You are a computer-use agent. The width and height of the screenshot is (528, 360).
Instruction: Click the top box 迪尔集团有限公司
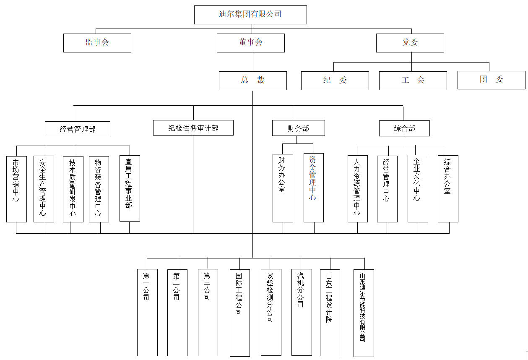250,15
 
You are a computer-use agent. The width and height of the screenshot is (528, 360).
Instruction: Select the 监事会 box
97,43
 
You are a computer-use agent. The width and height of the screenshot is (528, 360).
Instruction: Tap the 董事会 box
250,43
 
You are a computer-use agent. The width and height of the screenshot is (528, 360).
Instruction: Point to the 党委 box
410,43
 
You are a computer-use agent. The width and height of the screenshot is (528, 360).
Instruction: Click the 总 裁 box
253,81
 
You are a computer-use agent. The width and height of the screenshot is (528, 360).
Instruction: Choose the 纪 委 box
335,81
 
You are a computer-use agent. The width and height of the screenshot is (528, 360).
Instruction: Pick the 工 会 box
413,81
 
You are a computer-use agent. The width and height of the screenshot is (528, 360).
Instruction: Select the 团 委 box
492,80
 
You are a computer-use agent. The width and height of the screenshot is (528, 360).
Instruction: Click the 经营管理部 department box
78,129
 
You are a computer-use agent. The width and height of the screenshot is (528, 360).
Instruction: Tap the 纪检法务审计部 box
193,128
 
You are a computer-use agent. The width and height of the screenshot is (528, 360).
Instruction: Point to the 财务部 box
299,128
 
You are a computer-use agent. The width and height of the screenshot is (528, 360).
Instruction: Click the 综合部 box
404,128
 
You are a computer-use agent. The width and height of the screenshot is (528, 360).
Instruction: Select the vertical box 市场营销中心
16,189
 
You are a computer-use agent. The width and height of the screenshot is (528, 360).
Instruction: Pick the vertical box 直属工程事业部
130,188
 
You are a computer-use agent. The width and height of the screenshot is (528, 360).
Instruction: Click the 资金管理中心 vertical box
314,188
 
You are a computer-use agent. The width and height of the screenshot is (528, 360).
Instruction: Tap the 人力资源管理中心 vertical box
358,189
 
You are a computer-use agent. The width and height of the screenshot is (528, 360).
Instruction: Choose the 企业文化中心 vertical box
418,188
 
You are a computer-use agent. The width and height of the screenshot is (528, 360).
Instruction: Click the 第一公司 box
147,312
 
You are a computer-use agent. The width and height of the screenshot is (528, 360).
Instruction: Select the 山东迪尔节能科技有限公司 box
364,313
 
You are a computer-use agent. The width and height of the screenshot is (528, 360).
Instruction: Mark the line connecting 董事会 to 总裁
253,62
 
